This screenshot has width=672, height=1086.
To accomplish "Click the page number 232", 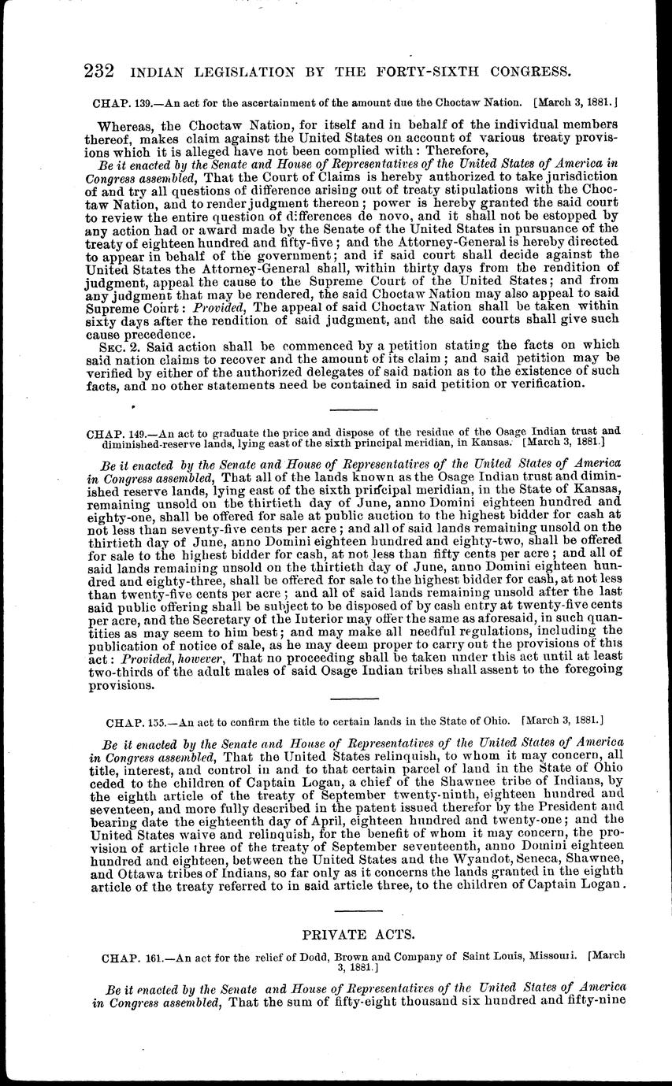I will (99, 72).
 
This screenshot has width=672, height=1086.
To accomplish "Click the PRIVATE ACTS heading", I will (358, 934).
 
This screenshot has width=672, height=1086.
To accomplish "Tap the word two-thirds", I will (136, 672).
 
